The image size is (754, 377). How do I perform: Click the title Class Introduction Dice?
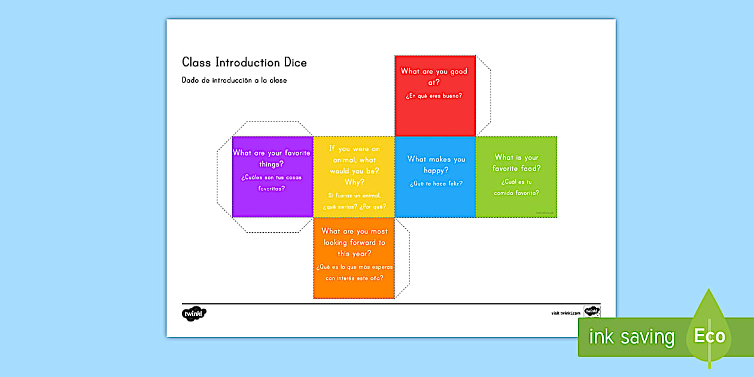(x=244, y=63)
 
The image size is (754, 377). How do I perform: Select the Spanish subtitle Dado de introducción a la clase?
(x=234, y=80)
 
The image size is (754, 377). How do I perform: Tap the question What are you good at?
(x=434, y=77)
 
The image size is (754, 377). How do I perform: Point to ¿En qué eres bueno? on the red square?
(x=434, y=96)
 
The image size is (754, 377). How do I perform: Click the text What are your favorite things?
(x=272, y=159)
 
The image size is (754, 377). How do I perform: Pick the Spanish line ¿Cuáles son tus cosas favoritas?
(x=272, y=183)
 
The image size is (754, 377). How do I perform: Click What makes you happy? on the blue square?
(x=436, y=165)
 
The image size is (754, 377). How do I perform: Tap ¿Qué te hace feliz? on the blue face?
(x=436, y=184)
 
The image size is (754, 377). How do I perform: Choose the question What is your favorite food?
(x=516, y=163)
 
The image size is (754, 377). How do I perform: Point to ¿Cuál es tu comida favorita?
(x=516, y=187)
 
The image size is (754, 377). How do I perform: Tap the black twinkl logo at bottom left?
(x=194, y=314)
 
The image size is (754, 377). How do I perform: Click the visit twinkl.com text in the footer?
(x=566, y=313)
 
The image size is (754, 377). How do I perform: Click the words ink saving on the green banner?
(x=631, y=337)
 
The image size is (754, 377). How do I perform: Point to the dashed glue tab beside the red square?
(x=484, y=96)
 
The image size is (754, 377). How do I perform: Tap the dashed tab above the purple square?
(x=272, y=129)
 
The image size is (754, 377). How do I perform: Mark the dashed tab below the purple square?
(x=272, y=224)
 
